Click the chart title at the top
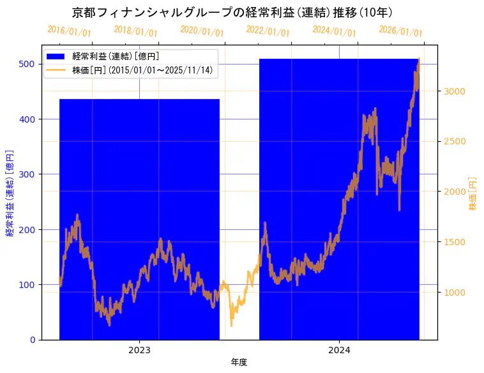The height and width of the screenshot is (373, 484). pos(232,12)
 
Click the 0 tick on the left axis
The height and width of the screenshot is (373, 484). pos(33,340)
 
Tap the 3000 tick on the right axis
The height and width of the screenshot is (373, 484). pos(455,91)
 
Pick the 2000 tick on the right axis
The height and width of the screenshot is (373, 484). pos(455,192)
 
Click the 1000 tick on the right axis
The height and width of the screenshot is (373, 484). pos(455,293)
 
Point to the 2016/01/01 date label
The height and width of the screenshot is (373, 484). pos(69,31)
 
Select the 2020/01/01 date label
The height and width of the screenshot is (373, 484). pos(202,31)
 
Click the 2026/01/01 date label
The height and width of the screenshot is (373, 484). pos(400,31)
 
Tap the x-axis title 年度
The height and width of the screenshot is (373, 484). pos(239,362)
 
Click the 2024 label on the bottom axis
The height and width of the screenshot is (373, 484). pos(339,350)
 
